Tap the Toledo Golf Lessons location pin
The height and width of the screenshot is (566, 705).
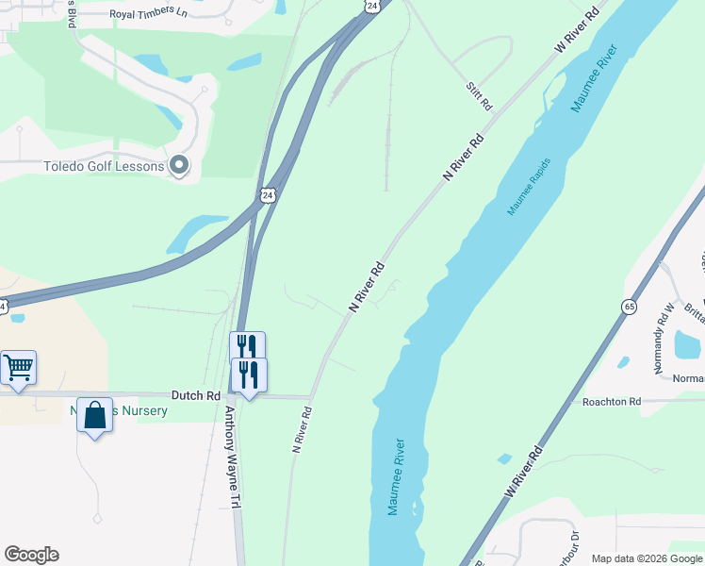(179, 167)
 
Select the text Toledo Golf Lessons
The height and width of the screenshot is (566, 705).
(104, 167)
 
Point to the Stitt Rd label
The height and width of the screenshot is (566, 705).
(479, 97)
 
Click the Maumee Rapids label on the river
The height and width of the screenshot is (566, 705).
(529, 186)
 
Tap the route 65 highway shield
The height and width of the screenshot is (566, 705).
(629, 306)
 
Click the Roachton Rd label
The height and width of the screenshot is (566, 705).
(612, 402)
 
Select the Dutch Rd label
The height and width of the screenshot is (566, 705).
(195, 396)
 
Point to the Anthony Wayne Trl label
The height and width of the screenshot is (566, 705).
(233, 458)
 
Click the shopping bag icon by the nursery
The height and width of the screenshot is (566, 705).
(95, 415)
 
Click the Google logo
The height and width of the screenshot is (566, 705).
(31, 555)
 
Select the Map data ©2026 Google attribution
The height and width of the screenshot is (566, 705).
(647, 558)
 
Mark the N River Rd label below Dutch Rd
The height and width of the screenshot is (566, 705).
(301, 430)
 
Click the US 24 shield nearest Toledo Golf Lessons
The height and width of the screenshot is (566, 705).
(269, 195)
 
